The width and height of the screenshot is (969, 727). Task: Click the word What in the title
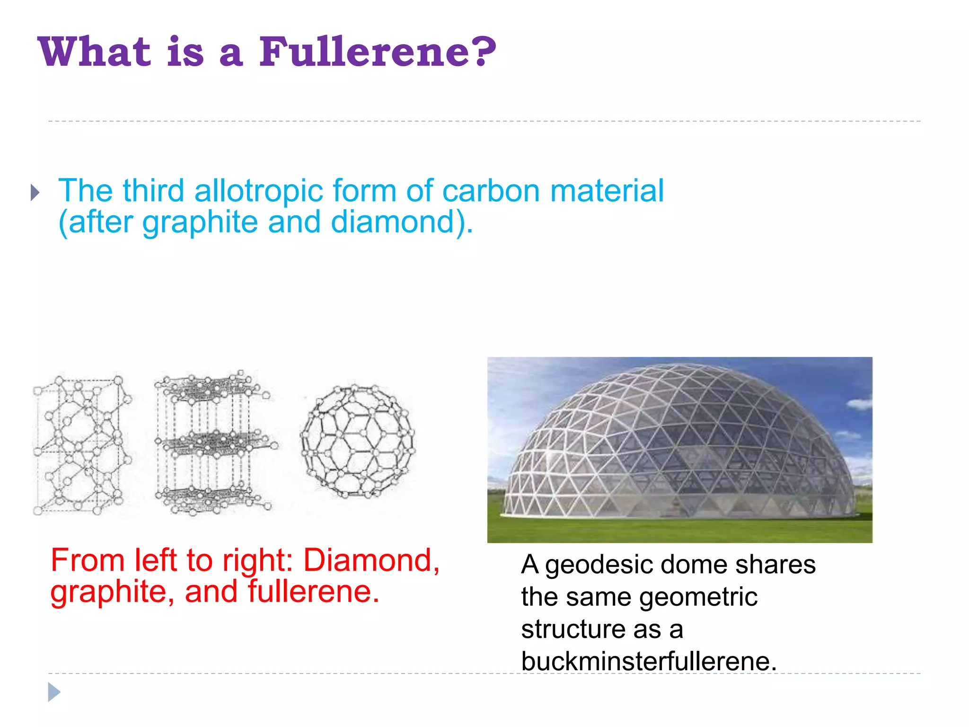[95, 52]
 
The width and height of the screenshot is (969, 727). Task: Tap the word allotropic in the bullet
[259, 191]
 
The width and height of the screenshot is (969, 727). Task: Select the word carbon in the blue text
[491, 191]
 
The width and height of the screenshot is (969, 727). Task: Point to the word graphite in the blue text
[200, 223]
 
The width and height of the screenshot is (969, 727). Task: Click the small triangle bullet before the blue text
[35, 193]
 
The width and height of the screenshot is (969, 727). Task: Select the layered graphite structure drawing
[214, 443]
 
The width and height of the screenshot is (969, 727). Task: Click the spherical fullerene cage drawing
[358, 442]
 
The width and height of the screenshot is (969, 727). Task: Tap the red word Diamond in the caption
[371, 560]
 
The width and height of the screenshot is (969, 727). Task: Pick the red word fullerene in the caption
[314, 592]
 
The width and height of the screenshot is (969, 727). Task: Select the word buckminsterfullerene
[649, 661]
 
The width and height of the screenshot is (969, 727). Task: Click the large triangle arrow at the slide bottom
[54, 692]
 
